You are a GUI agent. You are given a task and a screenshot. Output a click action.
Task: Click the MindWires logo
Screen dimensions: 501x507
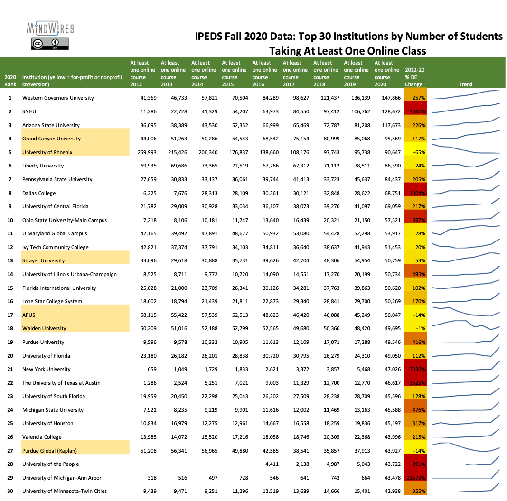(x=50, y=28)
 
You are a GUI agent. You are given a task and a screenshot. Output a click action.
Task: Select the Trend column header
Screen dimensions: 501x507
(x=465, y=84)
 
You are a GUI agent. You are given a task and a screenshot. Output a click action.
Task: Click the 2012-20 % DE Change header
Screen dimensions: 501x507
(x=414, y=77)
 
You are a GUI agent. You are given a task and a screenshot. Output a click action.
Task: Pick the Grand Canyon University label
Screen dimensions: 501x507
(x=51, y=139)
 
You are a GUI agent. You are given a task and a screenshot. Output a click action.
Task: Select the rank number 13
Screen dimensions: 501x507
(x=9, y=261)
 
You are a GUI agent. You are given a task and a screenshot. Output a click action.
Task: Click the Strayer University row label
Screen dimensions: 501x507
(x=43, y=261)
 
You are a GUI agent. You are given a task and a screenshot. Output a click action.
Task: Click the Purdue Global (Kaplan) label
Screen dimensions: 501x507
(x=49, y=451)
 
